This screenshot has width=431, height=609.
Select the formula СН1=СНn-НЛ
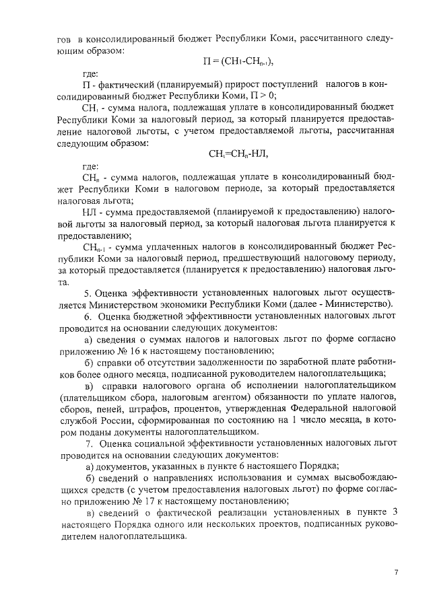pos(238,153)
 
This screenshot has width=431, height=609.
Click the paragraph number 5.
pos(87,293)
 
